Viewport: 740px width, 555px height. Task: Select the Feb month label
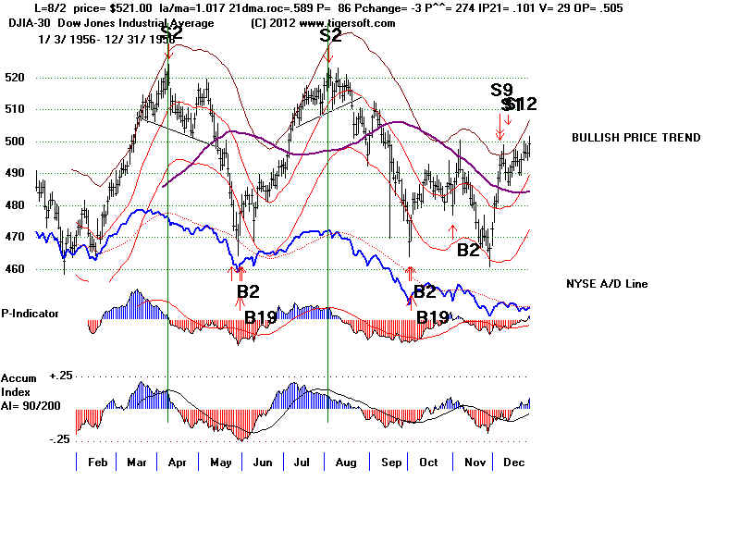(x=95, y=462)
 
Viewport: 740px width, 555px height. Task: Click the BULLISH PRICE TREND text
(x=635, y=138)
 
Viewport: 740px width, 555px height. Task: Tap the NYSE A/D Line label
(x=607, y=283)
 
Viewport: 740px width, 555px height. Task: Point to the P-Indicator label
(x=31, y=314)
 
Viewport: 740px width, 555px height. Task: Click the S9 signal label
(x=501, y=90)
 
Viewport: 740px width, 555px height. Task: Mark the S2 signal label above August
(x=330, y=35)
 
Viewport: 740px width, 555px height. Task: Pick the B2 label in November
(x=469, y=249)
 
